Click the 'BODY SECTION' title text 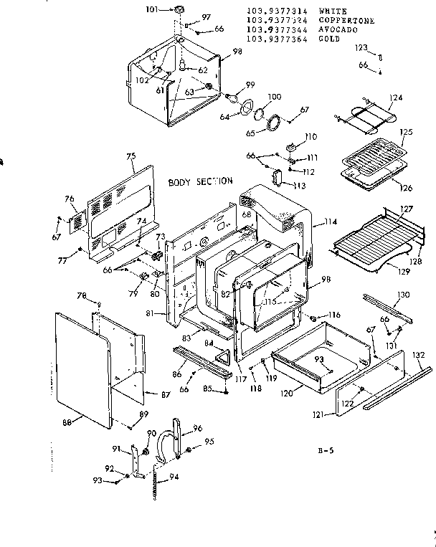(x=200, y=182)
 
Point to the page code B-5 (x=326, y=451)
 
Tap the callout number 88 (x=68, y=422)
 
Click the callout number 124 (x=396, y=97)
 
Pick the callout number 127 (x=407, y=210)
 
